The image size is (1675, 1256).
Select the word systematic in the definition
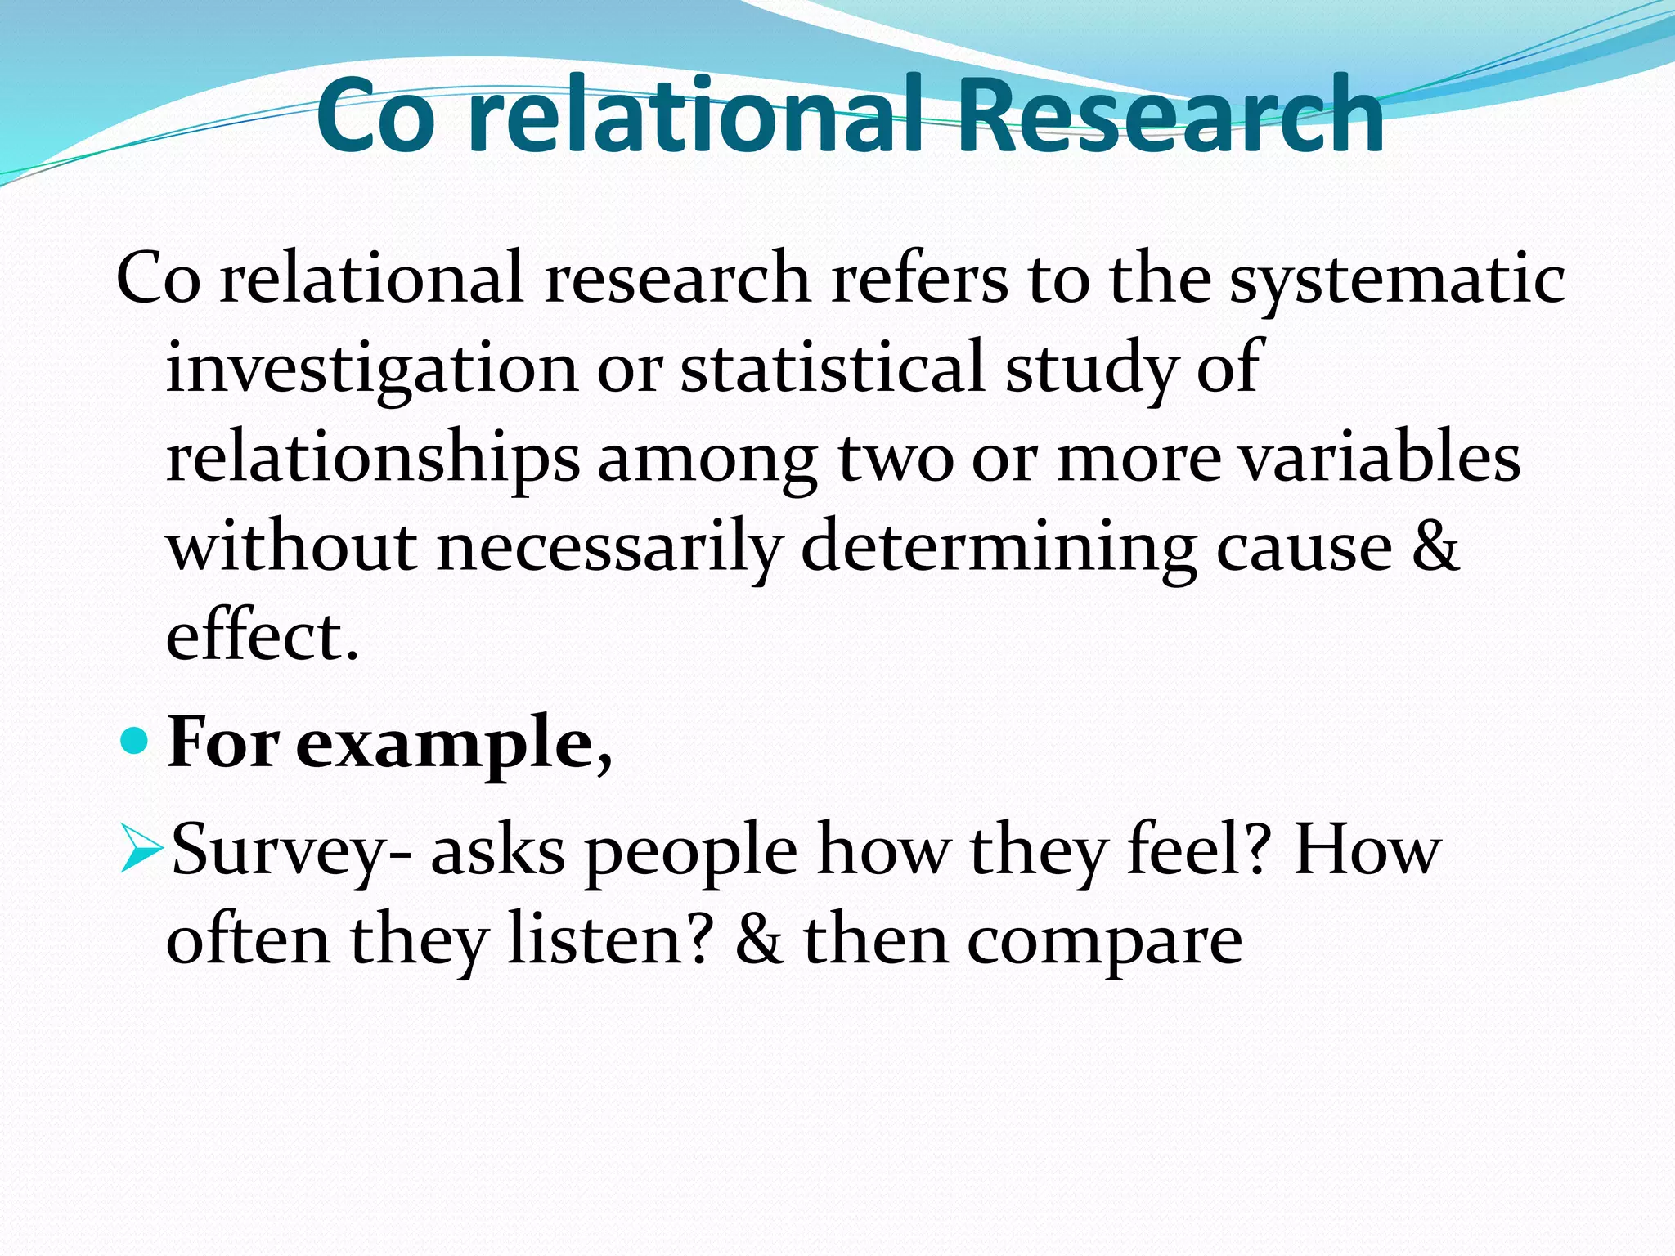(x=1397, y=280)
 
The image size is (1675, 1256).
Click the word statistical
(x=832, y=368)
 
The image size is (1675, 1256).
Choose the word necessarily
(x=609, y=548)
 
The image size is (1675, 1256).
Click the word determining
(x=999, y=548)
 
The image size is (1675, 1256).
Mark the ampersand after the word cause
(x=1435, y=546)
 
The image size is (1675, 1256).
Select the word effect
(x=262, y=636)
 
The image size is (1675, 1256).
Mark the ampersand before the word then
(x=758, y=940)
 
